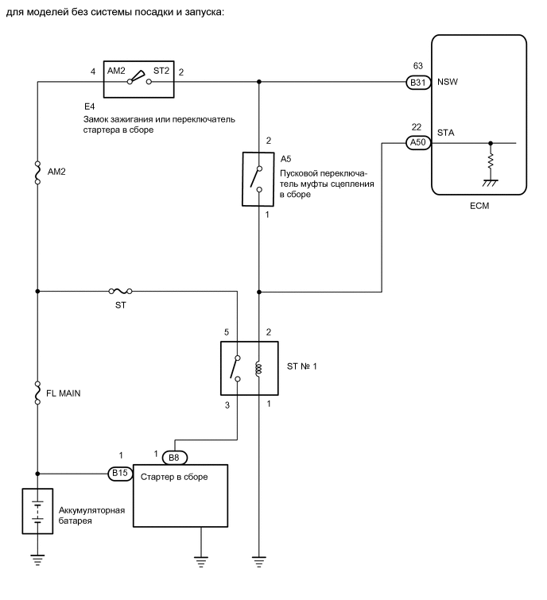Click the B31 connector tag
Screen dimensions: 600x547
tap(417, 81)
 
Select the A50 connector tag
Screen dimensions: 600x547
tap(417, 143)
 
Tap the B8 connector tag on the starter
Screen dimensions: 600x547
tap(173, 458)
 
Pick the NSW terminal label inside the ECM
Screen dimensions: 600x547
tap(448, 81)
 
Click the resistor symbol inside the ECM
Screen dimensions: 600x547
tap(491, 162)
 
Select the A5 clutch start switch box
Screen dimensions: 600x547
tap(258, 179)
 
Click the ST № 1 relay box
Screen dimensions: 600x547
tap(248, 368)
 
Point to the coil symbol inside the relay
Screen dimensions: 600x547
tap(258, 368)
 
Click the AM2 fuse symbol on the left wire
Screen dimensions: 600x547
tap(38, 173)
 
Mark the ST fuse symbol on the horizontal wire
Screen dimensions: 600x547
tap(120, 291)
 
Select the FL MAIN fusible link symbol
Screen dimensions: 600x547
tap(38, 393)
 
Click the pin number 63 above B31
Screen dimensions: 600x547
tap(417, 66)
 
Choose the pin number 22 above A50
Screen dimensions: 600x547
tap(417, 128)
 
